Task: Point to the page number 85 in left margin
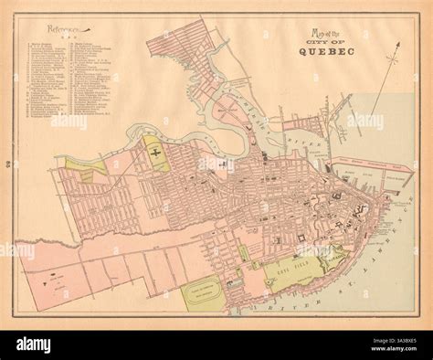8,165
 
